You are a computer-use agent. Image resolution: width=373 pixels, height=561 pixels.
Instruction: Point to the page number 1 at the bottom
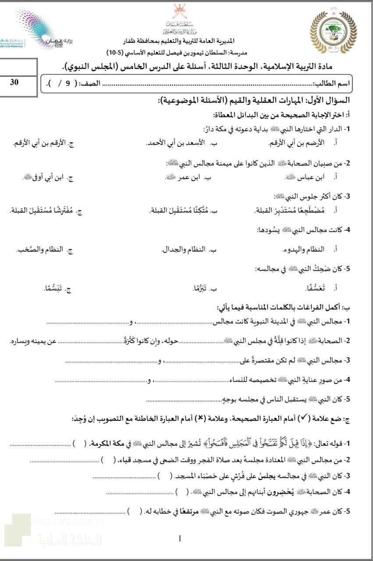click(x=180, y=539)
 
